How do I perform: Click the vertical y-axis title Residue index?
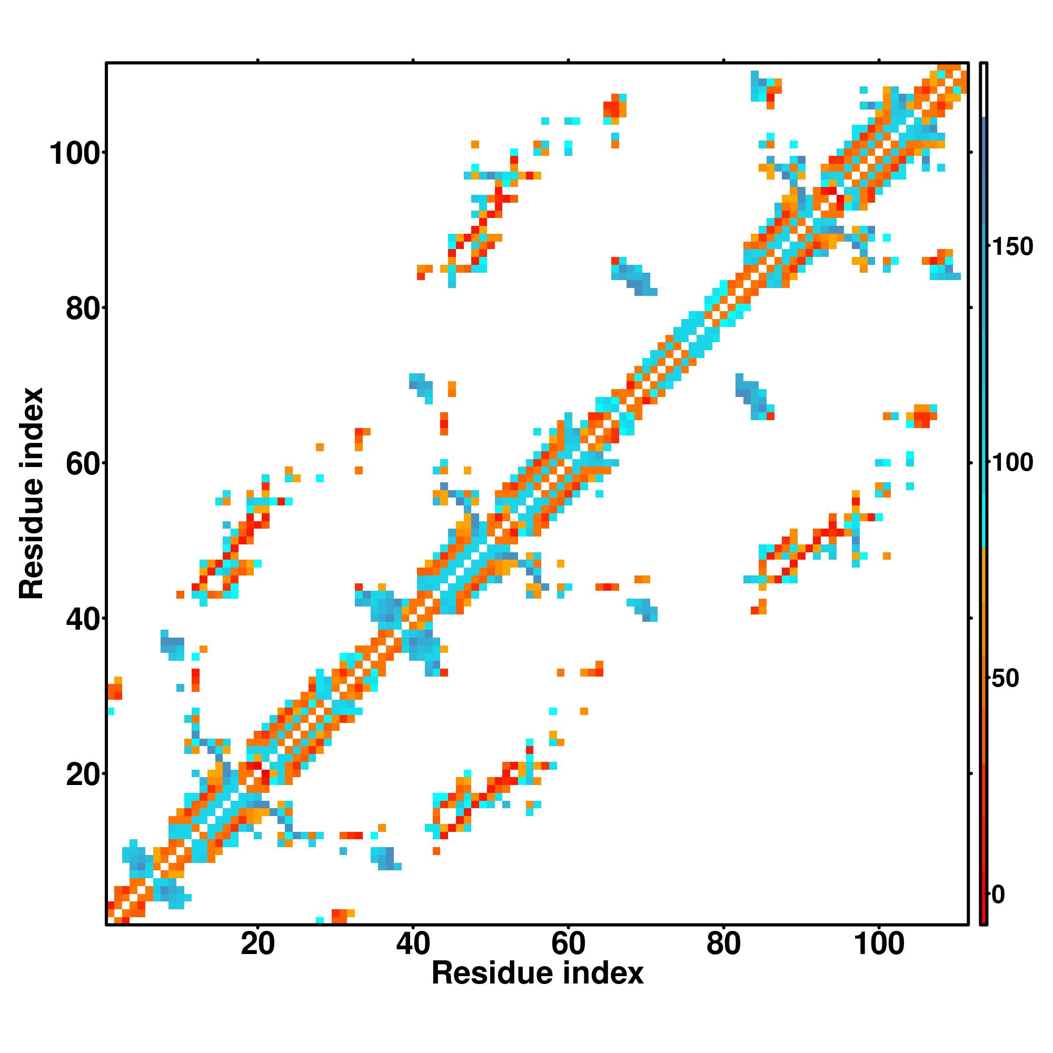pos(31,493)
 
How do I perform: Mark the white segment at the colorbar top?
pos(984,90)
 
